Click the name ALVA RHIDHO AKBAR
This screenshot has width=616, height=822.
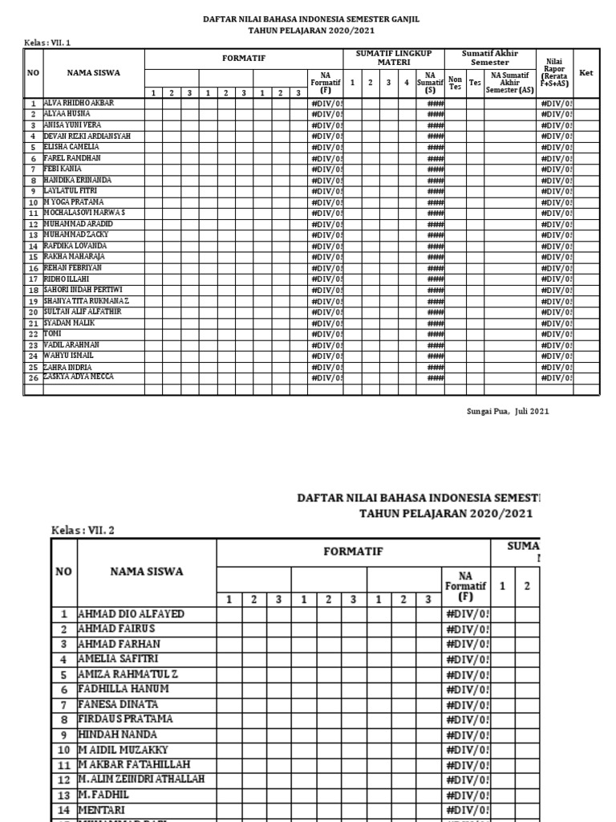pyautogui.click(x=79, y=104)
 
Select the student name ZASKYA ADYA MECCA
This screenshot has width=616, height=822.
pyautogui.click(x=79, y=376)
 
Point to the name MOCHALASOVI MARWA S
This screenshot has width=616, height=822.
pyautogui.click(x=84, y=213)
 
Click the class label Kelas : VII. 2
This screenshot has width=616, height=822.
pyautogui.click(x=83, y=531)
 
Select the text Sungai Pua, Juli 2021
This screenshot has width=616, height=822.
pyautogui.click(x=508, y=411)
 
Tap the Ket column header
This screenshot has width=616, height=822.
pyautogui.click(x=586, y=73)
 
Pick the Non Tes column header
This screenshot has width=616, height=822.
pyautogui.click(x=455, y=82)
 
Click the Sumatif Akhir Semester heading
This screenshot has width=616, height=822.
pyautogui.click(x=489, y=58)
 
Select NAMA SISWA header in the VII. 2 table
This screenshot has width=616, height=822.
pyautogui.click(x=146, y=572)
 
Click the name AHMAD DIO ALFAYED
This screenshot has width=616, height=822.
pyautogui.click(x=131, y=614)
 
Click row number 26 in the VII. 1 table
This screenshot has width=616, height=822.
pyautogui.click(x=34, y=377)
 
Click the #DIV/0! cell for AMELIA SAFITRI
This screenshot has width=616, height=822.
pyautogui.click(x=466, y=659)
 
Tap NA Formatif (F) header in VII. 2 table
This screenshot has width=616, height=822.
pyautogui.click(x=465, y=586)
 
